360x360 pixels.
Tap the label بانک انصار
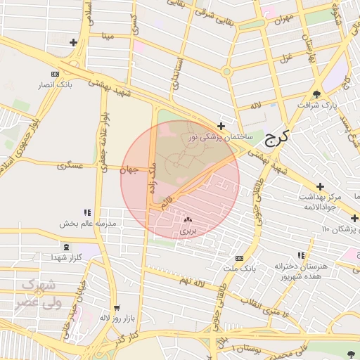tap(56, 84)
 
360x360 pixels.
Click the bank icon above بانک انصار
tap(56, 74)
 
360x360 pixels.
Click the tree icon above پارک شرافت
tap(316, 94)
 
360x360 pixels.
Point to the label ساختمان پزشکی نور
tap(219, 138)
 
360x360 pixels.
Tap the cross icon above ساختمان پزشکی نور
tap(221, 127)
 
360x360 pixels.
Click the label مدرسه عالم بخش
tap(91, 223)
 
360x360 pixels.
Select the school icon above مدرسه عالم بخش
tap(87, 212)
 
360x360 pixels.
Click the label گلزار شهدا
tap(67, 258)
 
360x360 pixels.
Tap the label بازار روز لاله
tap(115, 319)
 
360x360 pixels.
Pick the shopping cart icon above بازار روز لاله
tap(117, 307)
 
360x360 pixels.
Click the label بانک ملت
tap(240, 269)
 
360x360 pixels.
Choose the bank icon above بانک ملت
tap(239, 258)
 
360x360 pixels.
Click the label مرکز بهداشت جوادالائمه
tap(323, 202)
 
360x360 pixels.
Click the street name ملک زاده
tap(151, 179)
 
